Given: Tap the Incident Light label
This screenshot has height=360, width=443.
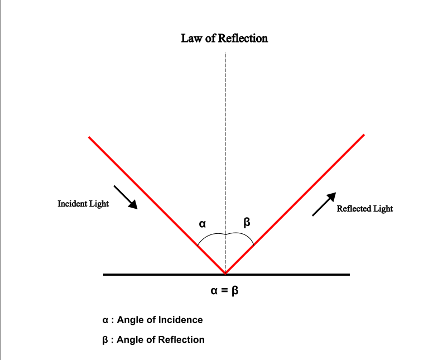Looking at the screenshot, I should [83, 204].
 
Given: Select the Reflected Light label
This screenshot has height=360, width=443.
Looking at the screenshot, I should [365, 209].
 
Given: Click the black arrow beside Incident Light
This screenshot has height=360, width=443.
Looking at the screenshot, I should [126, 197].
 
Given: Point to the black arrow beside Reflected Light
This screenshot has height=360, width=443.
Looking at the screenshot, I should [324, 204].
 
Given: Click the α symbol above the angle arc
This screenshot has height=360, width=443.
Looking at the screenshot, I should [203, 224].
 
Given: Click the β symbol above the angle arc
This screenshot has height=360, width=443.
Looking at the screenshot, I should [247, 223].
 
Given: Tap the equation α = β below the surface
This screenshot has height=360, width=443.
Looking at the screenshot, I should [225, 291].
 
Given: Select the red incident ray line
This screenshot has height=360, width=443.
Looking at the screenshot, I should [156, 205].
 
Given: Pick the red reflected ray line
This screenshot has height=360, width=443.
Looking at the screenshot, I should [294, 204].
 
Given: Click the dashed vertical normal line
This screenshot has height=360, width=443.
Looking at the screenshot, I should [225, 140].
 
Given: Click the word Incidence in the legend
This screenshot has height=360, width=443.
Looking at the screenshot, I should [180, 320].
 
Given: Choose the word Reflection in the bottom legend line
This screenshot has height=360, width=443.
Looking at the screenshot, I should [182, 339].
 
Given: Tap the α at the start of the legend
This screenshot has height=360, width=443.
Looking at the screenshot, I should [105, 320].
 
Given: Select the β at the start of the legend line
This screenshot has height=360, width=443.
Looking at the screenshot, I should [105, 340].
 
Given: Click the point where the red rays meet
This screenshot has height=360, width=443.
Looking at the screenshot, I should [225, 273].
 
